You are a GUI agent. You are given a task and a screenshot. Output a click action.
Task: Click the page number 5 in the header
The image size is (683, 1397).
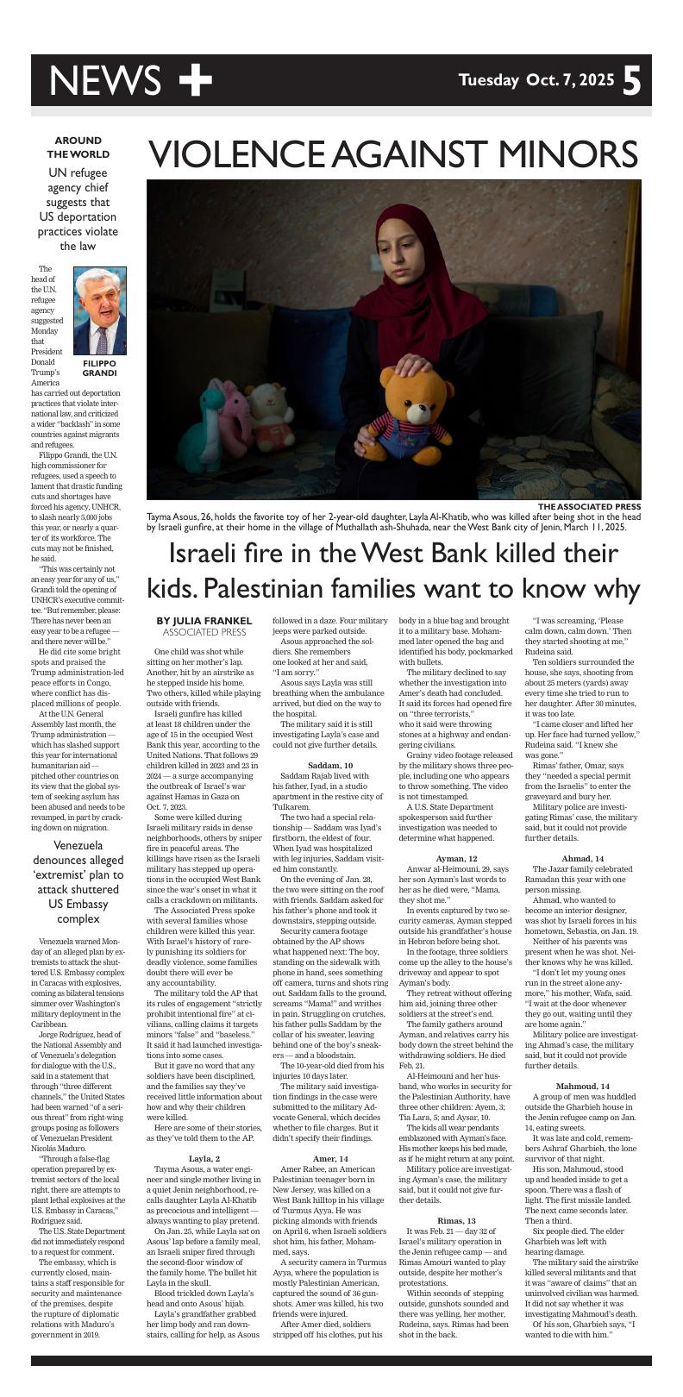632,81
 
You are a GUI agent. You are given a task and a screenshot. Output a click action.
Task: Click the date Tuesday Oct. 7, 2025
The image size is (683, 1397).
536,81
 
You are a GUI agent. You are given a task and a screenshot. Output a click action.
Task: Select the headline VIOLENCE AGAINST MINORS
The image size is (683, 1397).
393,154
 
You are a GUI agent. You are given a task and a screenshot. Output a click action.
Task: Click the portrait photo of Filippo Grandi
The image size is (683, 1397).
99,311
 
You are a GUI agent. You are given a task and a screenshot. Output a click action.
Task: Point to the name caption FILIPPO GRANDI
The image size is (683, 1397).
99,368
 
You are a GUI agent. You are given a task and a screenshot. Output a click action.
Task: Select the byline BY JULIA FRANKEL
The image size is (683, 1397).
204,620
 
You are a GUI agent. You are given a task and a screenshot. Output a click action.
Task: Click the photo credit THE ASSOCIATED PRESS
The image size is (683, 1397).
589,506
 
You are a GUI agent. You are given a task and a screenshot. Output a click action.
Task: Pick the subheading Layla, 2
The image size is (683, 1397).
204,1157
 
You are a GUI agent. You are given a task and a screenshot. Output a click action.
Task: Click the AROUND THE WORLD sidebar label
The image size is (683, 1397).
78,147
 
